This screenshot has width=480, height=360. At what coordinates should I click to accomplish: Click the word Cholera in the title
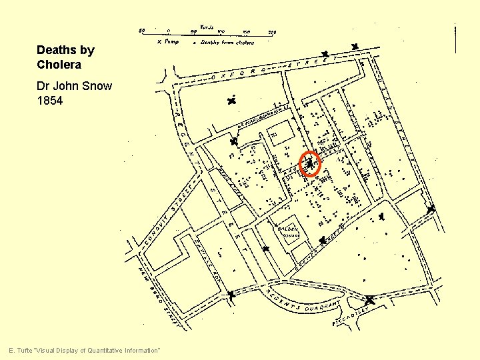(x=59, y=65)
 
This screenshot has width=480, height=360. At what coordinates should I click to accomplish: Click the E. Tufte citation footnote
(x=84, y=351)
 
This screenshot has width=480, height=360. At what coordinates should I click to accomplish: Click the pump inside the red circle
(x=310, y=163)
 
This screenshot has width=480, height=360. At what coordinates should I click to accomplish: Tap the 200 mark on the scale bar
(x=272, y=31)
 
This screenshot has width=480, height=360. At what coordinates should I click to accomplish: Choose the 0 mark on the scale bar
(x=168, y=31)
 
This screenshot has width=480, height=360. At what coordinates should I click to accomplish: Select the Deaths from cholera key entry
(x=224, y=42)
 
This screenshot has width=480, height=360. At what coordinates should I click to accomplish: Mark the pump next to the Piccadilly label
(x=371, y=300)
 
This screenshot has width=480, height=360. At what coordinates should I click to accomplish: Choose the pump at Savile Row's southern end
(x=231, y=294)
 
